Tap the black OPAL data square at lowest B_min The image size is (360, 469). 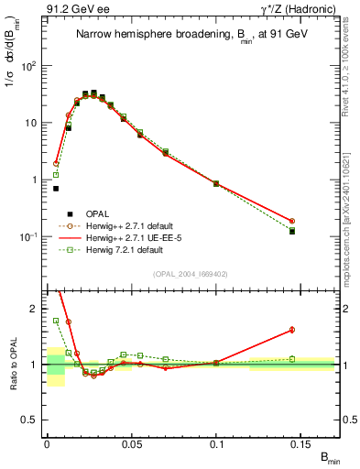(x=56, y=189)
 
